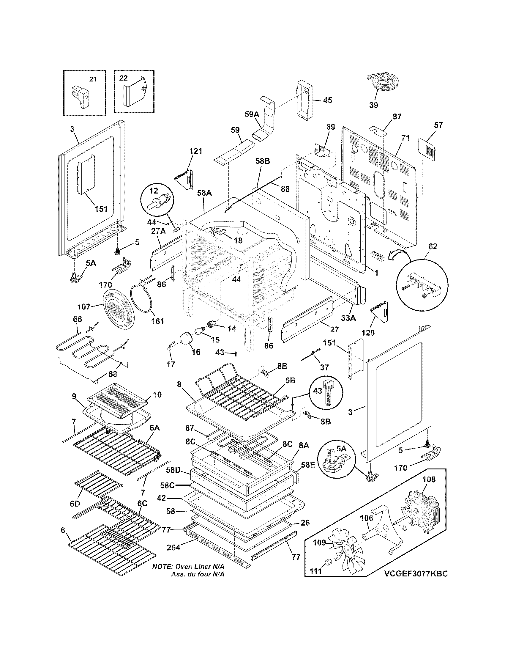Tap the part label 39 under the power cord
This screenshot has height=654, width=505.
click(373, 105)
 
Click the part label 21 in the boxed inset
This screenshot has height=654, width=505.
click(93, 79)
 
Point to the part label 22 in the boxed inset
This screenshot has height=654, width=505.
click(123, 78)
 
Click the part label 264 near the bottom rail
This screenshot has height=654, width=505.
click(173, 548)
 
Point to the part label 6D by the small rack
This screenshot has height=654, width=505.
click(75, 504)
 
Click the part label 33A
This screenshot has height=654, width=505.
click(348, 318)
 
